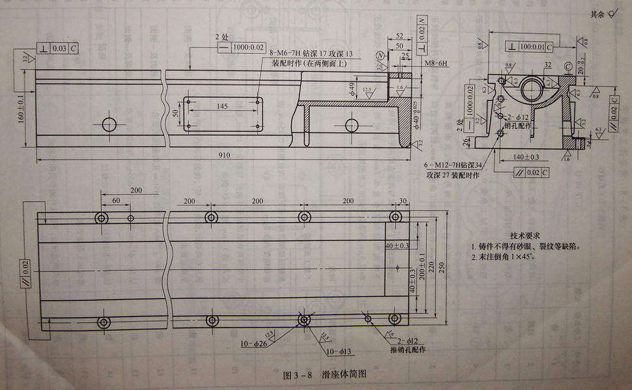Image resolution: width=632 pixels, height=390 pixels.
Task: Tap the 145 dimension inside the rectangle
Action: (222, 105)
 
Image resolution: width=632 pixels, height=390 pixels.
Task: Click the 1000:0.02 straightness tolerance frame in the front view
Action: (247, 48)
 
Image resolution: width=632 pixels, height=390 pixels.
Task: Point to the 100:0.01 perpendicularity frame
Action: (528, 48)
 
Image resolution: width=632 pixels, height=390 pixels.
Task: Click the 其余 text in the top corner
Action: (597, 14)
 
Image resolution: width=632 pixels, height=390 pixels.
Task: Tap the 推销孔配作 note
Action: (408, 350)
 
